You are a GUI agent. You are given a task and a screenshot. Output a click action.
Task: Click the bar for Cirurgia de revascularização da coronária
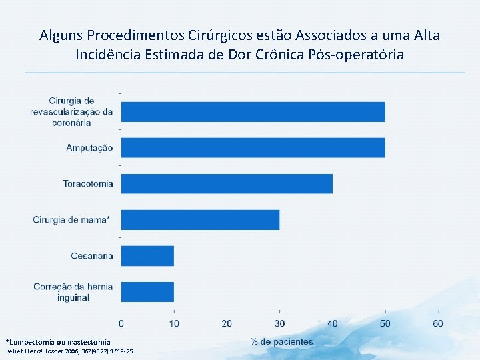pyautogui.click(x=253, y=112)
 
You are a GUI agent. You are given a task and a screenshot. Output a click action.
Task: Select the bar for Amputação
pyautogui.click(x=253, y=148)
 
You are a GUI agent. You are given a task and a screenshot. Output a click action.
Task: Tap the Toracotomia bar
pyautogui.click(x=227, y=183)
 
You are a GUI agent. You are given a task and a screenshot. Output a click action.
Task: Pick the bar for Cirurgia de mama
pyautogui.click(x=200, y=219)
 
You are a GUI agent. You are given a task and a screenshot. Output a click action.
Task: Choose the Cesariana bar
pyautogui.click(x=147, y=255)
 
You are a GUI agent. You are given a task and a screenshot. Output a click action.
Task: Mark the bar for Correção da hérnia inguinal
pyautogui.click(x=147, y=291)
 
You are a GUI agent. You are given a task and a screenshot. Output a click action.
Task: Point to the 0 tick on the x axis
pyautogui.click(x=121, y=323)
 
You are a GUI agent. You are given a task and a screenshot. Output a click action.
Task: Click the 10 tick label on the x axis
pyautogui.click(x=173, y=323)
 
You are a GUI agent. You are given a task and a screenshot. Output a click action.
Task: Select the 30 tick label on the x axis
pyautogui.click(x=279, y=323)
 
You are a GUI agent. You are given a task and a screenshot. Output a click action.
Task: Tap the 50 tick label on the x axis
pyautogui.click(x=385, y=323)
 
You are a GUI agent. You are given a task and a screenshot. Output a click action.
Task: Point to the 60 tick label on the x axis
pyautogui.click(x=438, y=323)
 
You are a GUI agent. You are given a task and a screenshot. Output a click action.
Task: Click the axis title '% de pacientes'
pyautogui.click(x=281, y=341)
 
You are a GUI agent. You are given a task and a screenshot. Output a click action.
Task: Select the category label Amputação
pyautogui.click(x=89, y=148)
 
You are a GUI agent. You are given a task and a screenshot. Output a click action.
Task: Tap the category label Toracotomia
pyautogui.click(x=88, y=183)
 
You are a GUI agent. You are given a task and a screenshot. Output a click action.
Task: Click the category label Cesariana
pyautogui.click(x=92, y=255)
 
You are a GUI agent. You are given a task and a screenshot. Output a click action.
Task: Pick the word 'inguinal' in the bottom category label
pyautogui.click(x=73, y=297)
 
